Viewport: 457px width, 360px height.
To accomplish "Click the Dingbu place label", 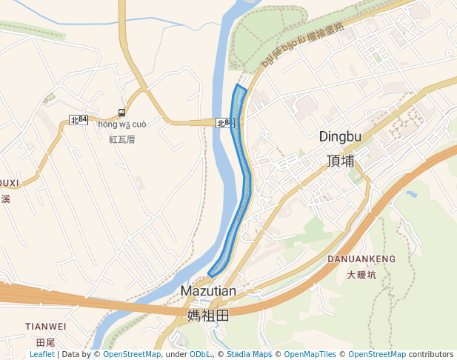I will pyautogui.click(x=340, y=136).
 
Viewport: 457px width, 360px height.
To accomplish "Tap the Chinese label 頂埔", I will pyautogui.click(x=340, y=160).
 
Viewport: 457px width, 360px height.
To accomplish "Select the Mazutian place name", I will pyautogui.click(x=208, y=291).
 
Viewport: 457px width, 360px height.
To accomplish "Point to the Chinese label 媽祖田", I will pyautogui.click(x=208, y=316).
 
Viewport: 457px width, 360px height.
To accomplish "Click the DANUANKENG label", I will pyautogui.click(x=361, y=259).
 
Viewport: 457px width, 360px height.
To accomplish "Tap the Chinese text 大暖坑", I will pyautogui.click(x=361, y=275).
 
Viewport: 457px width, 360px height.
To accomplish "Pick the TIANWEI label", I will pyautogui.click(x=46, y=326).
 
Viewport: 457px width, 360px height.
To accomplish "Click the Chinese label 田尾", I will pyautogui.click(x=46, y=342).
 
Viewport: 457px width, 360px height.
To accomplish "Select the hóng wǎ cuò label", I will pyautogui.click(x=122, y=124).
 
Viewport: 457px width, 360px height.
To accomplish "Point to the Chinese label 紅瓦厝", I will pyautogui.click(x=122, y=139).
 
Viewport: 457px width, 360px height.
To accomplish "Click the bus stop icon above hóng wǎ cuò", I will pyautogui.click(x=121, y=113).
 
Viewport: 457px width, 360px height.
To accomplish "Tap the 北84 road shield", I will pyautogui.click(x=79, y=119).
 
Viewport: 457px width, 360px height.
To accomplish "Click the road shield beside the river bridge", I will pyautogui.click(x=224, y=123).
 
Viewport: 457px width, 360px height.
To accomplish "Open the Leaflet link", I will pyautogui.click(x=41, y=355).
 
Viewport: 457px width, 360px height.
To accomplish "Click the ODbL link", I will pyautogui.click(x=201, y=355).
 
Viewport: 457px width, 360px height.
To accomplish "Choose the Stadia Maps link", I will pyautogui.click(x=250, y=355).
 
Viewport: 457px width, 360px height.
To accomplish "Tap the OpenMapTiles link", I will pyautogui.click(x=310, y=355).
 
